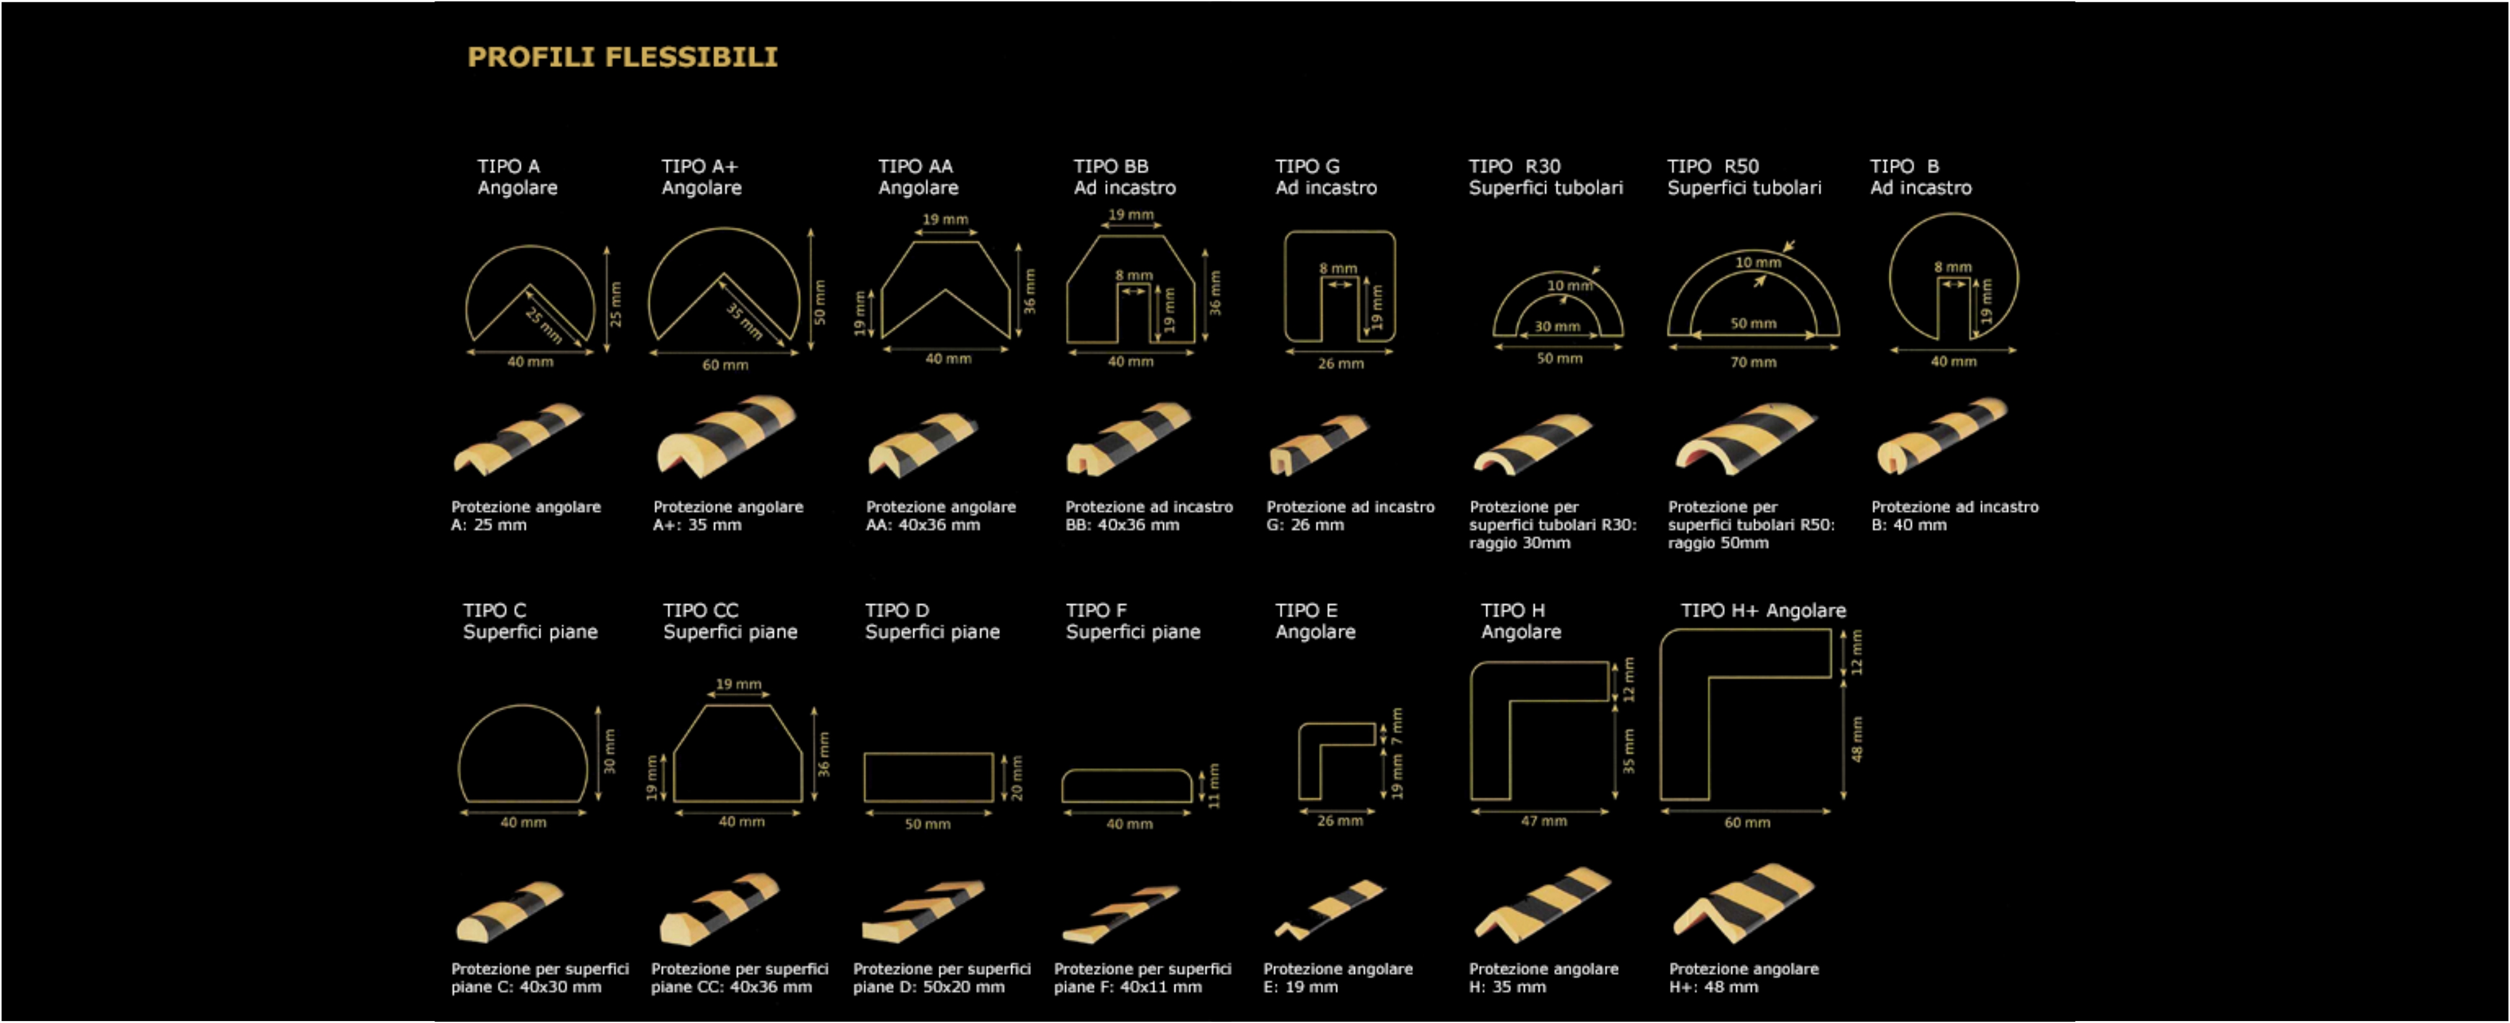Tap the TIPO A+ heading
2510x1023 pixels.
700,166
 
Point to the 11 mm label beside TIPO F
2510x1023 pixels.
1214,785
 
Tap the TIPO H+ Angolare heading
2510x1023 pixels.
1764,611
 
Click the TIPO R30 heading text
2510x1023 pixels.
1515,166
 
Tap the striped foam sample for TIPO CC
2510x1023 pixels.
719,910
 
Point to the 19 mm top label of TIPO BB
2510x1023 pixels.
1130,215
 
